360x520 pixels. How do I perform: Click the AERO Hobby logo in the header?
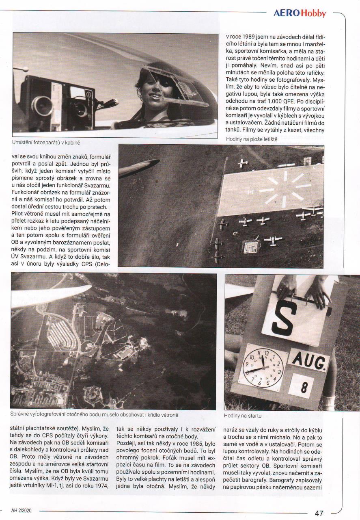pos(300,13)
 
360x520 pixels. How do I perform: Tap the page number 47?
pos(319,513)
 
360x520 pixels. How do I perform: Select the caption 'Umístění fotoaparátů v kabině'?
pos(52,143)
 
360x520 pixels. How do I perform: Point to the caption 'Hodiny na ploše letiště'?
pos(251,139)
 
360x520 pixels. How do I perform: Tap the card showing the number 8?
pos(302,386)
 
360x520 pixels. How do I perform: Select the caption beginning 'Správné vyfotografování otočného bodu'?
pos(94,415)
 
